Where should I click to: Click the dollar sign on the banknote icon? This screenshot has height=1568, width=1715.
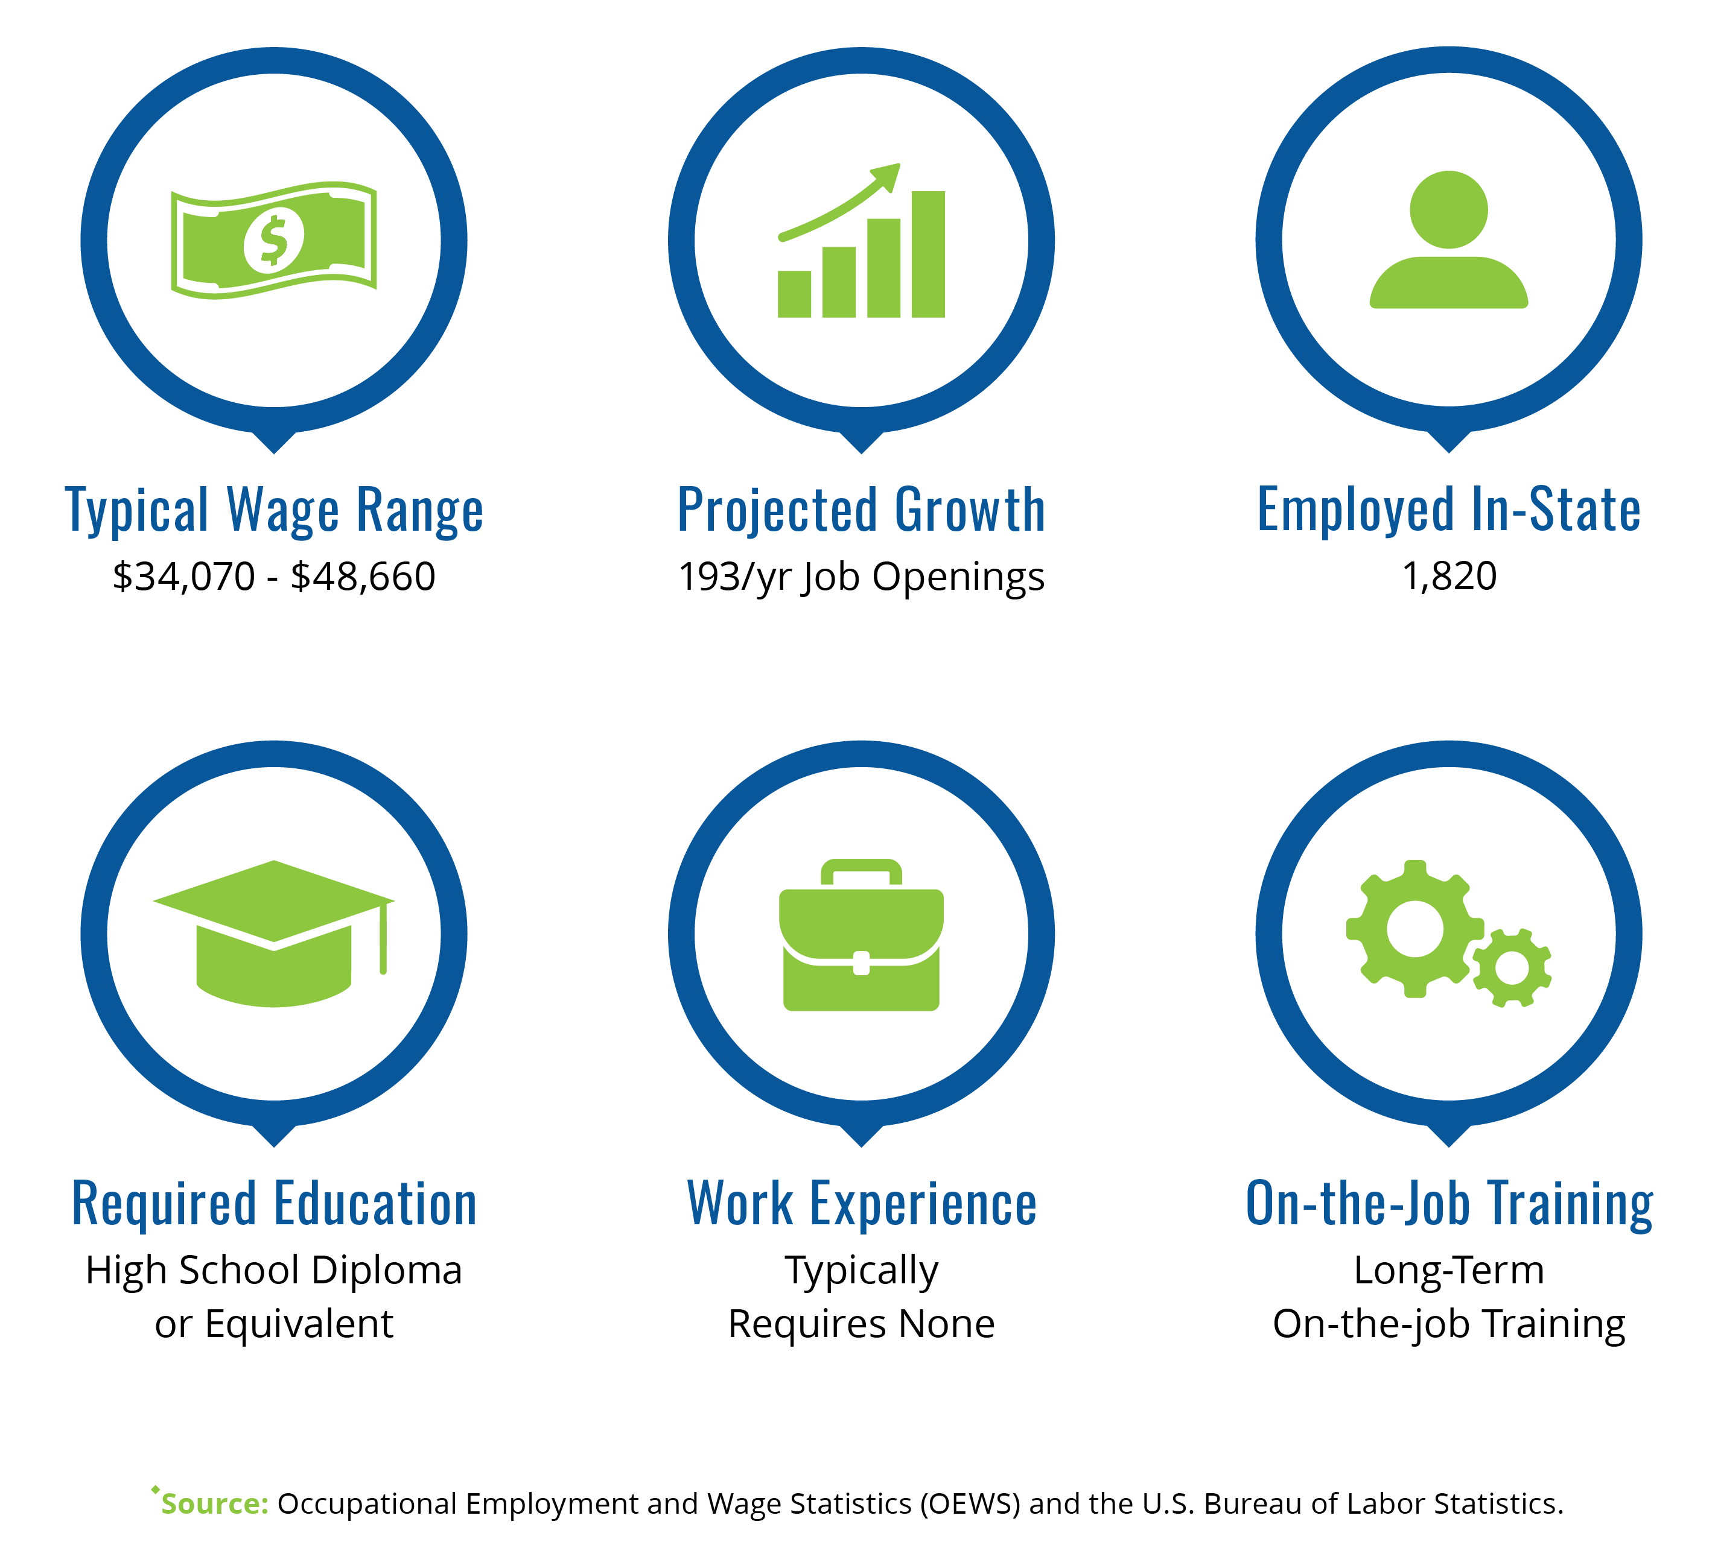click(x=274, y=241)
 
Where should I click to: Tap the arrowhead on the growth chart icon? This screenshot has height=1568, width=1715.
click(x=886, y=175)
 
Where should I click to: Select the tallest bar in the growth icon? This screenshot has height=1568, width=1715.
click(x=928, y=254)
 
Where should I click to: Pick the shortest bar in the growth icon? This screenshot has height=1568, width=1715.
click(x=795, y=294)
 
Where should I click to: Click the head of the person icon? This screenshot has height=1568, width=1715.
click(x=1449, y=210)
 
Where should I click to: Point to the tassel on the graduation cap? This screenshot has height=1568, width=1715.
click(x=384, y=937)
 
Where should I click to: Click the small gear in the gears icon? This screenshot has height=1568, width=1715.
click(x=1512, y=969)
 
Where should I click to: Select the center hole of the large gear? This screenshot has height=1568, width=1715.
click(x=1414, y=929)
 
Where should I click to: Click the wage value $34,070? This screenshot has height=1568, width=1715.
click(x=183, y=577)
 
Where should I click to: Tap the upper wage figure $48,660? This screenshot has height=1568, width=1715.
click(x=363, y=577)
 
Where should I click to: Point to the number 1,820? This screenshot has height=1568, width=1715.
click(x=1449, y=577)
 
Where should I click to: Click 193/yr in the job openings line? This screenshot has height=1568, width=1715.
click(x=735, y=577)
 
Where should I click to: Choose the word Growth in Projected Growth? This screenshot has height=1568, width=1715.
click(x=970, y=510)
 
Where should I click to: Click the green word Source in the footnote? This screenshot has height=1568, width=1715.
click(x=214, y=1503)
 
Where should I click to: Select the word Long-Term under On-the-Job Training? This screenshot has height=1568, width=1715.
click(x=1449, y=1271)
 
